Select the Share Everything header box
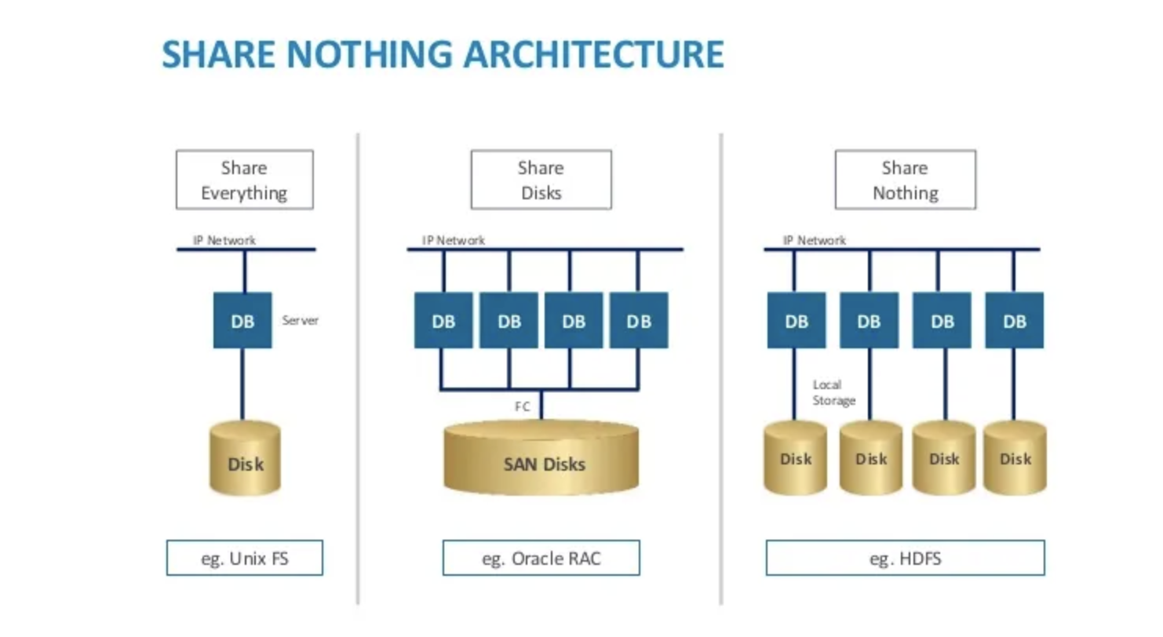point(244,180)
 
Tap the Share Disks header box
point(541,180)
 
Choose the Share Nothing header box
point(905,180)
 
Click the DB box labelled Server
point(242,320)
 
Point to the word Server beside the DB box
point(301,320)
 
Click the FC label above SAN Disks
point(522,406)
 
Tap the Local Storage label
point(833,393)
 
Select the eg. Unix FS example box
point(244,558)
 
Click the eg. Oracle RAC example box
point(541,558)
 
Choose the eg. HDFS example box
point(905,558)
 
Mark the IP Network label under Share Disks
point(454,240)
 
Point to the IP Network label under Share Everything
point(224,240)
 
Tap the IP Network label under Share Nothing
point(814,240)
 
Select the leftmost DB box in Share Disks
point(443,320)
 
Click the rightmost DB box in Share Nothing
point(1014,320)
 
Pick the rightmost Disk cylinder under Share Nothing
point(1015,458)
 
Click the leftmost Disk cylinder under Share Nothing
point(795,458)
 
